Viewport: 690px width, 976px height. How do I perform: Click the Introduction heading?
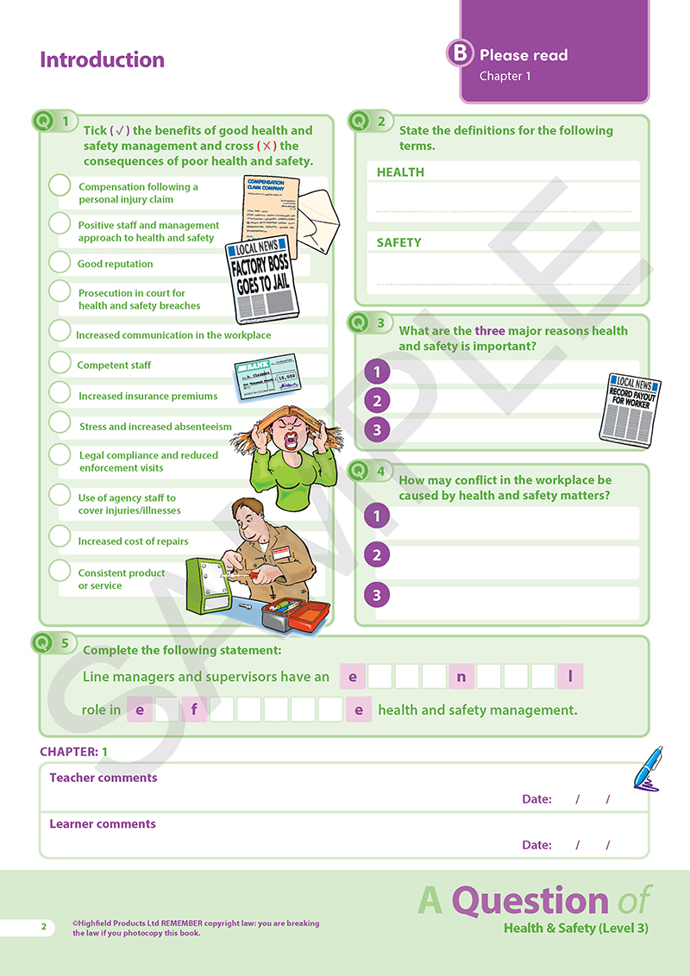coord(102,59)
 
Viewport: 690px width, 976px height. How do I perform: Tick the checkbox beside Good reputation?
coord(60,262)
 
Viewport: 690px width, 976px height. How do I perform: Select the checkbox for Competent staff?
coord(60,363)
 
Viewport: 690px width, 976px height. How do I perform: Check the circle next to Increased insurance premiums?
coord(60,393)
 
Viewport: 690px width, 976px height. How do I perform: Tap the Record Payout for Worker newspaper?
coord(634,407)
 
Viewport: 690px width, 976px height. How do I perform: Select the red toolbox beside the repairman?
coord(298,614)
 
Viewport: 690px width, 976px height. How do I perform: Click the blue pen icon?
coord(648,767)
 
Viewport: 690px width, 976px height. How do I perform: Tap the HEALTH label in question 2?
coord(400,172)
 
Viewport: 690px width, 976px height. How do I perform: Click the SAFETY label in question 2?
coord(398,243)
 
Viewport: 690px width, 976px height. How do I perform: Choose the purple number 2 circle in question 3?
coord(376,400)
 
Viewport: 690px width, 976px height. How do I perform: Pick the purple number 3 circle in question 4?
coord(376,594)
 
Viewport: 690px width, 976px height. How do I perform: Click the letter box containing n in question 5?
coord(461,677)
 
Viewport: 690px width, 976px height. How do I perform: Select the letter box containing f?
coord(194,710)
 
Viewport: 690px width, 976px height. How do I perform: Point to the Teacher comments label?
coord(103,778)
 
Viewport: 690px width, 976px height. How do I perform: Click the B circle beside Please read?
coord(460,53)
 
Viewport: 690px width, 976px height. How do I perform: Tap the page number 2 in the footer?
coord(43,927)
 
